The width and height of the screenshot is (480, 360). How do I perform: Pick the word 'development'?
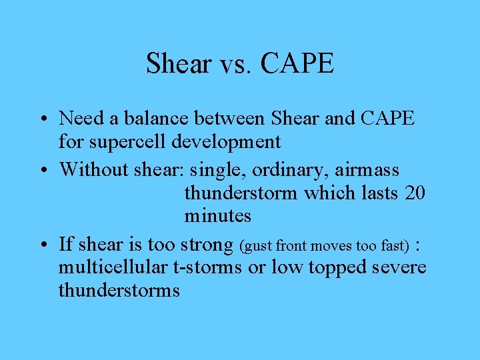click(229, 141)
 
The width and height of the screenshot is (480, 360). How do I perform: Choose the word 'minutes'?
click(217, 216)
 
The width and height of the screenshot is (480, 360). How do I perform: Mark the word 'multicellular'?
click(112, 267)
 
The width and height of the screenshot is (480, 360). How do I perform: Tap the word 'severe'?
click(399, 267)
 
